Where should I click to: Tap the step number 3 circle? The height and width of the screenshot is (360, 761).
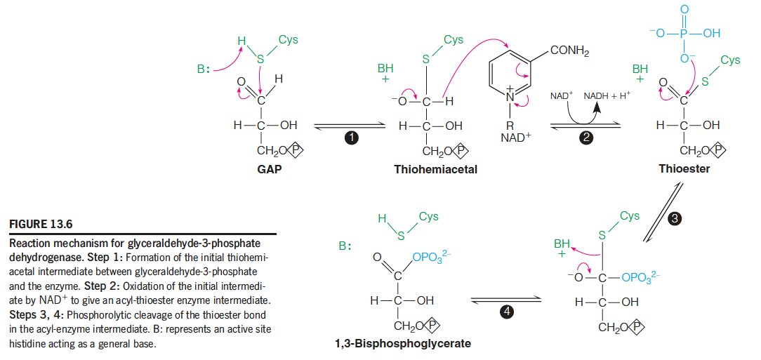[675, 219]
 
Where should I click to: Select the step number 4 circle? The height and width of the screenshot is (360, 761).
[506, 311]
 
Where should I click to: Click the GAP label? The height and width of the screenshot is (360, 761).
[270, 170]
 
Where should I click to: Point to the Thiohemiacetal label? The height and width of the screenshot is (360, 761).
[435, 170]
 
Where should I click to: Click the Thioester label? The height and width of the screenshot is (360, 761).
[684, 169]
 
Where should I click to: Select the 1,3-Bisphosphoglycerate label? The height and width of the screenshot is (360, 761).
[403, 344]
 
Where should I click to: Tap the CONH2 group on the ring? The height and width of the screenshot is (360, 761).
[569, 51]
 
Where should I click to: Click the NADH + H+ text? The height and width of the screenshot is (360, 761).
[607, 94]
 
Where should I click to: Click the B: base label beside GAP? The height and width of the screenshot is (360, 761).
[204, 69]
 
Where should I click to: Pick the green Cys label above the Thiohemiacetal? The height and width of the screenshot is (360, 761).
[454, 40]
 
